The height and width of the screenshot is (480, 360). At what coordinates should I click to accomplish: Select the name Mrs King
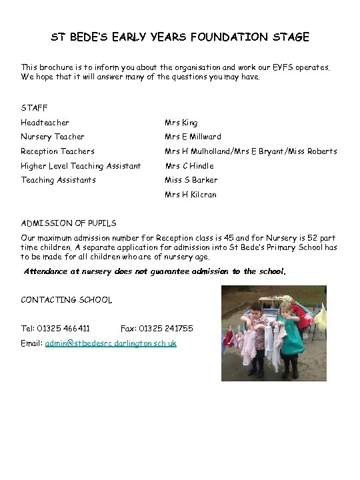coord(181,123)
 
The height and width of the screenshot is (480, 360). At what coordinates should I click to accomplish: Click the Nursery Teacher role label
coord(53,137)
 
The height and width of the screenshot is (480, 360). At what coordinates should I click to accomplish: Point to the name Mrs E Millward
coord(193,137)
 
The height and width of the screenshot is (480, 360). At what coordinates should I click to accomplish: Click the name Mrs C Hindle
coord(189,166)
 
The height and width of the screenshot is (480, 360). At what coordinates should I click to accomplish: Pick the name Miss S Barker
coord(191,180)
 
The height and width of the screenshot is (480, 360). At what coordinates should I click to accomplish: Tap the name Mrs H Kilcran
coord(191,195)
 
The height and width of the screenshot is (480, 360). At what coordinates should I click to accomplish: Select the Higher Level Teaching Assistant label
coord(81,166)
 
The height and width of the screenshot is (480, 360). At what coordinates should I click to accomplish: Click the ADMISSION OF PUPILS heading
coord(69,223)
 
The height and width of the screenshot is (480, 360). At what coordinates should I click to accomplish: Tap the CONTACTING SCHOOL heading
coord(67,300)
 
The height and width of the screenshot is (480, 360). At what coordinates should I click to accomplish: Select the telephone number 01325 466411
coord(64,329)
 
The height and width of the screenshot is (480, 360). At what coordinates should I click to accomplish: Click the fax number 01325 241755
coord(166,329)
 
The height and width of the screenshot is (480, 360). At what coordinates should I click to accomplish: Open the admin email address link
coord(111,343)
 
